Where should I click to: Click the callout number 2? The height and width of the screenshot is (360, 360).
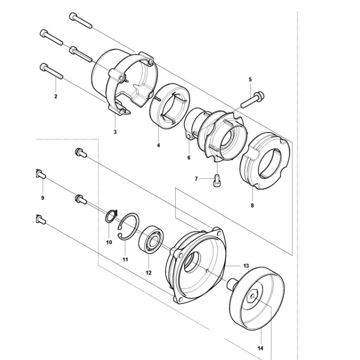pyautogui.click(x=56, y=96)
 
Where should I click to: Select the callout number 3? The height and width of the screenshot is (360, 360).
pyautogui.click(x=115, y=132)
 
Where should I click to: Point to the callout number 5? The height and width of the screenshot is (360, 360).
pyautogui.click(x=250, y=79)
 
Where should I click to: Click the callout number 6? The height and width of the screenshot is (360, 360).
pyautogui.click(x=189, y=157)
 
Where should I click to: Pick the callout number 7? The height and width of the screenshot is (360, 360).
pyautogui.click(x=196, y=179)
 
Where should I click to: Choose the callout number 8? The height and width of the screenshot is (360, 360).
pyautogui.click(x=252, y=205)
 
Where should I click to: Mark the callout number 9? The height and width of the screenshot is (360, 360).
pyautogui.click(x=42, y=198)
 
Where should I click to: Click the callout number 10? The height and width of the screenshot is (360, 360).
pyautogui.click(x=109, y=242)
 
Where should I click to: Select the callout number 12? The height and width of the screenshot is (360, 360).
pyautogui.click(x=148, y=273)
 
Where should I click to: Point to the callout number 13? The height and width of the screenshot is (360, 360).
pyautogui.click(x=246, y=265)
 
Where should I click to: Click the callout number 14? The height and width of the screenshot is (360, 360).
pyautogui.click(x=261, y=348)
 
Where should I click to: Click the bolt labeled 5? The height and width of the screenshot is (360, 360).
pyautogui.click(x=251, y=98)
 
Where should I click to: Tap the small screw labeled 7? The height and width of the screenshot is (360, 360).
pyautogui.click(x=216, y=180)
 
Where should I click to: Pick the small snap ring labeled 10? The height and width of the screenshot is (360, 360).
pyautogui.click(x=112, y=216)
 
